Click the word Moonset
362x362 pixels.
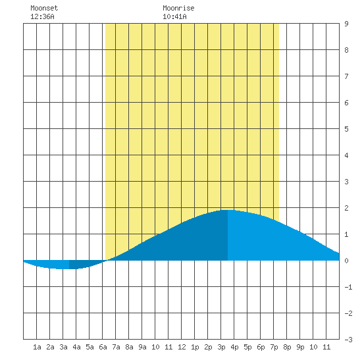(x=44, y=8)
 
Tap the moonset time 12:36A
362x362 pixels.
(x=42, y=16)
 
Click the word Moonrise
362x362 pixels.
(x=178, y=8)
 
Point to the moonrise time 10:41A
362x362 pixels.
(x=174, y=16)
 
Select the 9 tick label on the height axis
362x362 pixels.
(x=346, y=24)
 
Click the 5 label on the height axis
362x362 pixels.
(x=346, y=129)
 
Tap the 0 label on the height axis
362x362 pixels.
(x=346, y=261)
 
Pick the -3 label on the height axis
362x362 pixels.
(x=349, y=340)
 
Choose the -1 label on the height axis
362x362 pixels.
(x=349, y=287)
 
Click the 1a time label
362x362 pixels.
(x=37, y=347)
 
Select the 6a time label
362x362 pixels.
(x=103, y=347)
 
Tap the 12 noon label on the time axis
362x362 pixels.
(x=182, y=347)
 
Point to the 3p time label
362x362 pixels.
(x=221, y=347)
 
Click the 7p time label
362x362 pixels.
(x=274, y=347)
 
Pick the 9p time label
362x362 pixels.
(x=300, y=347)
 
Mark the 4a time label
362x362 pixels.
(x=76, y=347)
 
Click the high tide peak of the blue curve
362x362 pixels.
(x=228, y=210)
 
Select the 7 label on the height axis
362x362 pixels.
(x=346, y=76)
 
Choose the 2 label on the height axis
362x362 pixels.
(x=346, y=208)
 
